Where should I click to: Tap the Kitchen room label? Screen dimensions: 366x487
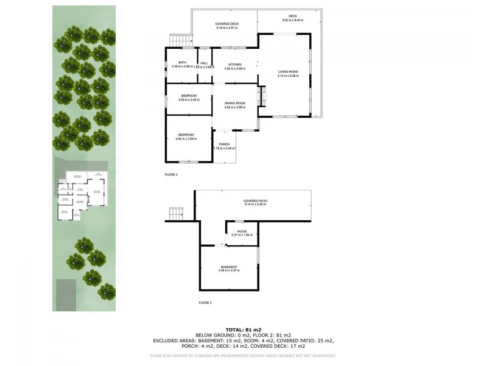coord(235,64)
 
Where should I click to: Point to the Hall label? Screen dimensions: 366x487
coord(204,63)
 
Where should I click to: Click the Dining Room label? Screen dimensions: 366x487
coord(234,103)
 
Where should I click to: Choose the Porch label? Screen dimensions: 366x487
coord(224,144)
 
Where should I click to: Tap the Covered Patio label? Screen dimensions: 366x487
coord(256,201)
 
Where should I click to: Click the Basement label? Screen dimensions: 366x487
coord(229,267)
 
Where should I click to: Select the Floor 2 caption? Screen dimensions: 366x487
coord(171,174)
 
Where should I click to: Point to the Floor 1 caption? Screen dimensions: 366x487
coord(205,303)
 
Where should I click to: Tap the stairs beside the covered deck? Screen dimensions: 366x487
coord(177,40)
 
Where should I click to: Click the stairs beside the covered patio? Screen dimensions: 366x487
coord(176,215)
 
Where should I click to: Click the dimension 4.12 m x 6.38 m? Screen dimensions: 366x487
coord(287,76)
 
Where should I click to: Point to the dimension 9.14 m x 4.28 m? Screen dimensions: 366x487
coord(256,204)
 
